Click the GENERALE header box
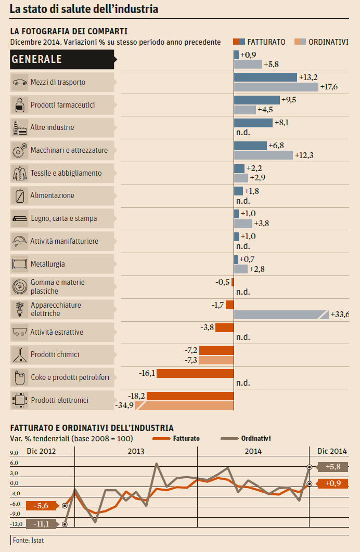pyautogui.click(x=62, y=59)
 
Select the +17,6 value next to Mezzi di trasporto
pyautogui.click(x=329, y=87)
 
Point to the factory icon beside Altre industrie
pyautogui.click(x=19, y=127)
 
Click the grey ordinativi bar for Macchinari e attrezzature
pyautogui.click(x=263, y=155)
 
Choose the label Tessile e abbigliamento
pyautogui.click(x=66, y=173)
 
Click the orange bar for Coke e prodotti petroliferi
pyautogui.click(x=195, y=373)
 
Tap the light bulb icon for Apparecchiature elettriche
pyautogui.click(x=19, y=309)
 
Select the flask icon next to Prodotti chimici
pyautogui.click(x=19, y=355)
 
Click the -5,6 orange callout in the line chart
pyautogui.click(x=42, y=506)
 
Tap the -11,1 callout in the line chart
pyautogui.click(x=42, y=524)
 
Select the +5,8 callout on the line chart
pyautogui.click(x=332, y=467)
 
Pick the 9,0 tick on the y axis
pyautogui.click(x=14, y=453)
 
